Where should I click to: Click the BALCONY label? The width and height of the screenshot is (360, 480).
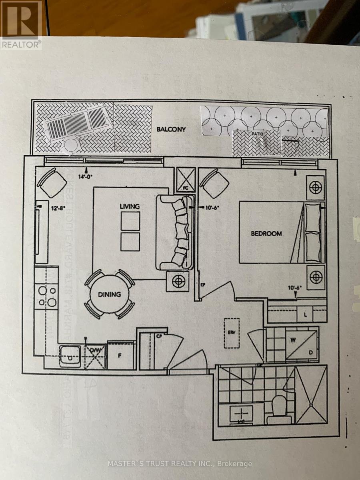[171, 130]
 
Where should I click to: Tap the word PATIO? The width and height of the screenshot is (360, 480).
[257, 134]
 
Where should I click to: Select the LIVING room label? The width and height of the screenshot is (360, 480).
[130, 206]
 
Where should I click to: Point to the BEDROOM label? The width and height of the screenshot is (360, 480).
[266, 233]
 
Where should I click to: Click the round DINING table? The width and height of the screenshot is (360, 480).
[110, 294]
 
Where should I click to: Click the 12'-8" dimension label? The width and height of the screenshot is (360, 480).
[58, 208]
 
